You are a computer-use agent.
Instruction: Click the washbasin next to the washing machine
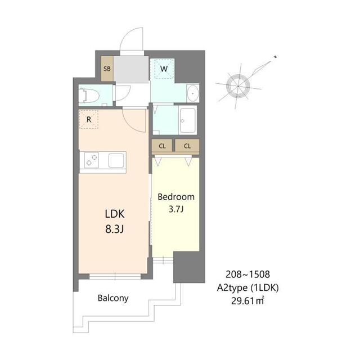click(x=192, y=93)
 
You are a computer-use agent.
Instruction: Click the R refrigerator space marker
click(x=88, y=119)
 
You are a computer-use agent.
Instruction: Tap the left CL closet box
click(x=162, y=146)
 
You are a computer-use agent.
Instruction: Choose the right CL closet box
click(x=187, y=146)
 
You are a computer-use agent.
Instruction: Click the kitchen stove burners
click(x=91, y=161)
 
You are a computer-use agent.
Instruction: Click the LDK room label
click(x=114, y=214)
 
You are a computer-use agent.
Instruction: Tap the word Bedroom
click(x=175, y=197)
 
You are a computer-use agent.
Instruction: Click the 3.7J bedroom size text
click(x=175, y=210)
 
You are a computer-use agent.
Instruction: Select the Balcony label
click(x=112, y=298)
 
